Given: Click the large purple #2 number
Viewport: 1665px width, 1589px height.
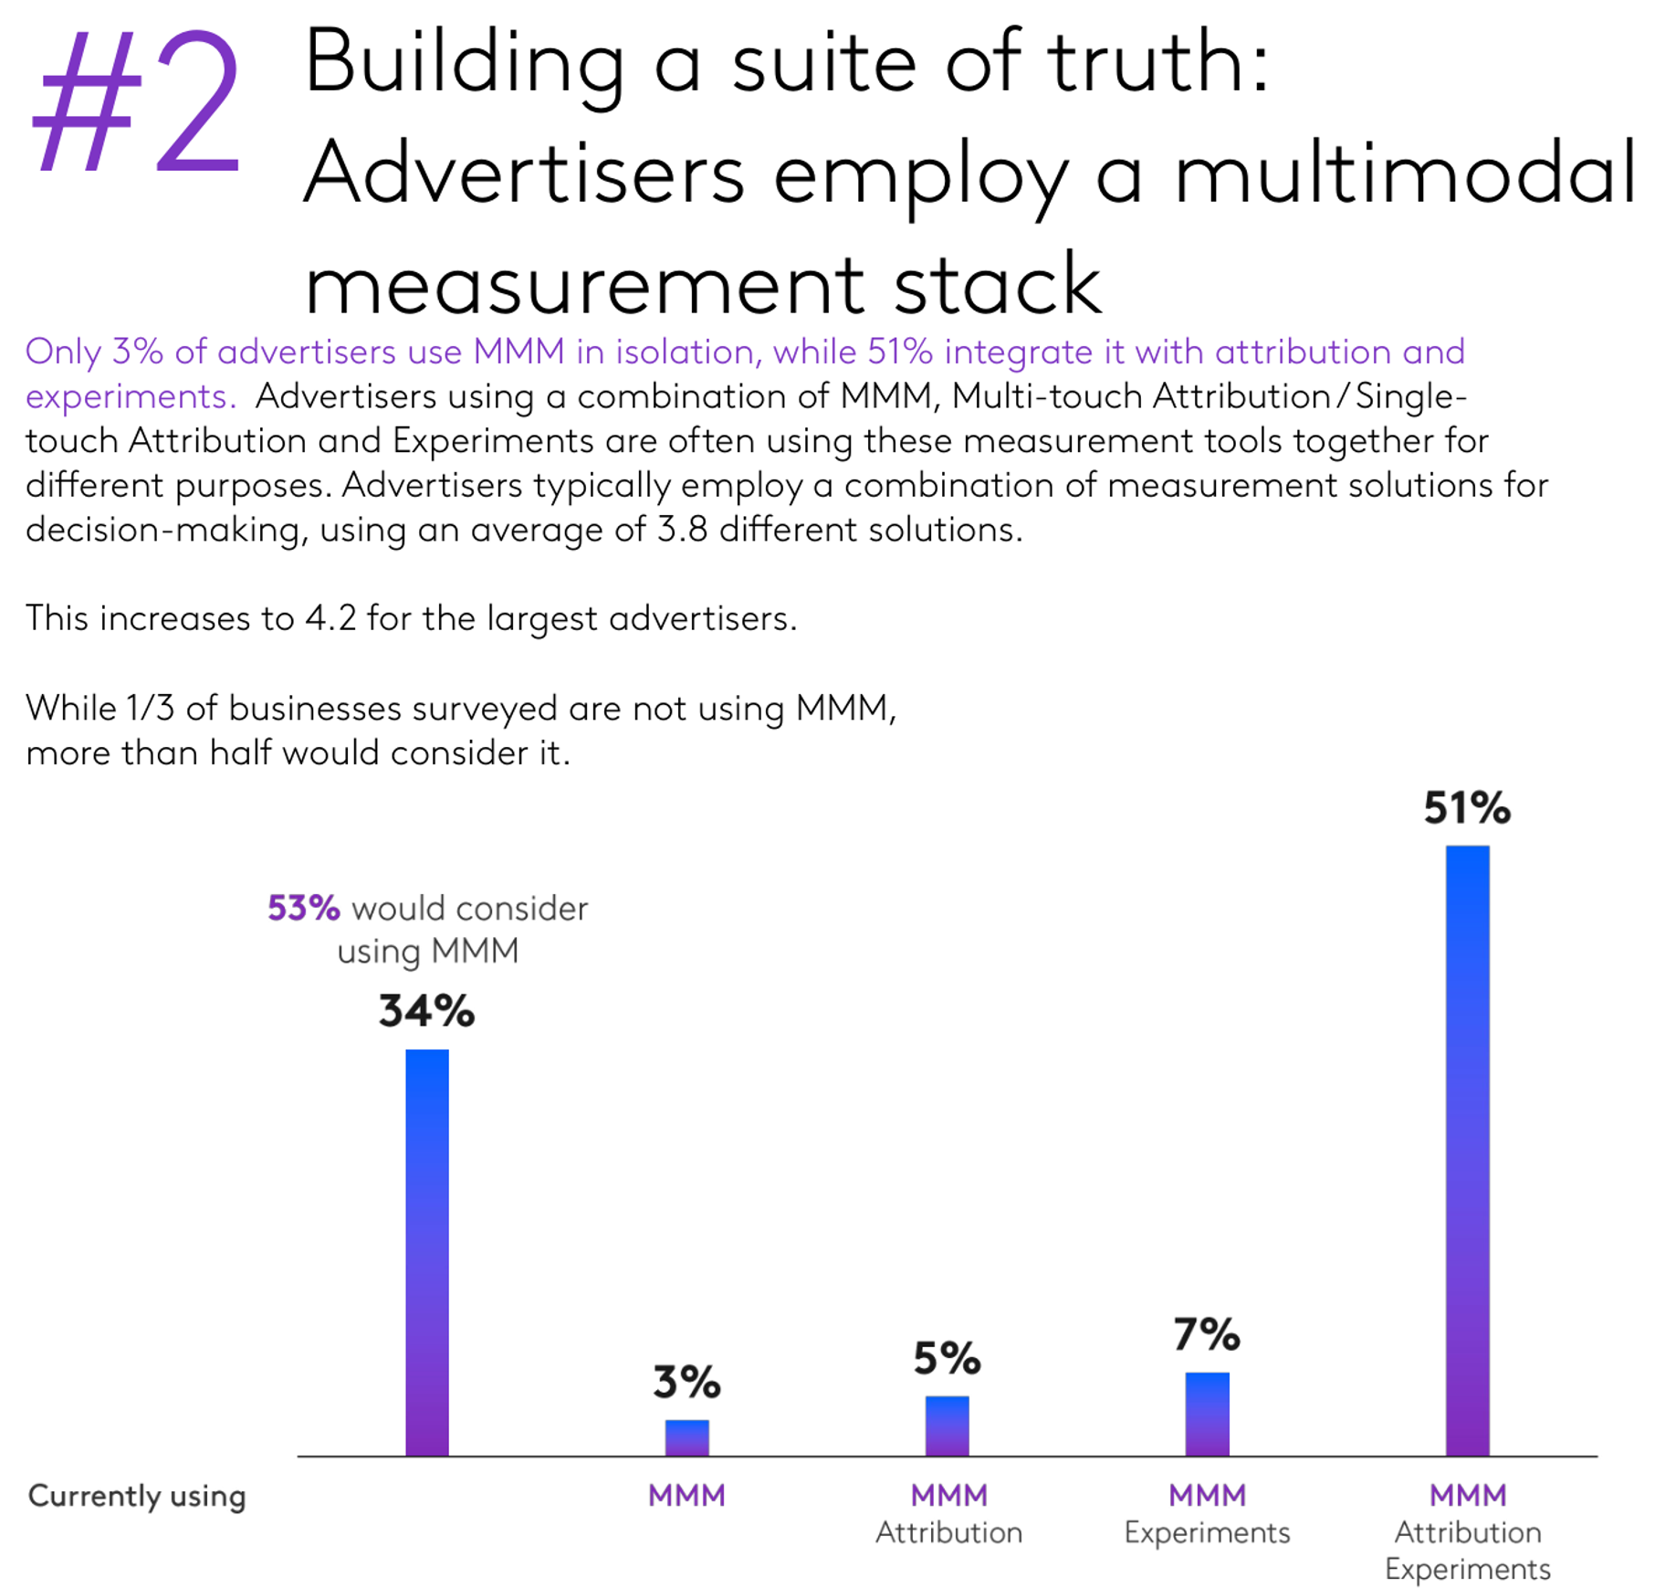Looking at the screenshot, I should [137, 102].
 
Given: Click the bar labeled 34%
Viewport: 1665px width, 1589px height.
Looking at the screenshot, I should [426, 1251].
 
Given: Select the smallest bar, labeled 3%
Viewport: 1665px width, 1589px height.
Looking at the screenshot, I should [686, 1437].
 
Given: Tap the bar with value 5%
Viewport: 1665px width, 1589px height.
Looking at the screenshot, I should [947, 1426].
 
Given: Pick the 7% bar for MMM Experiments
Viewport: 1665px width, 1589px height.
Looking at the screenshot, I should [1207, 1414].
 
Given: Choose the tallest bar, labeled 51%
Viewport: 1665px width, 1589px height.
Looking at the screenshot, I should [1467, 1151].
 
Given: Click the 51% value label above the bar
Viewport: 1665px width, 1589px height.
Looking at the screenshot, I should [1467, 808].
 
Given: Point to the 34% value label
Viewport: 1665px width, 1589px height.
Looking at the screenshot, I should [426, 1012].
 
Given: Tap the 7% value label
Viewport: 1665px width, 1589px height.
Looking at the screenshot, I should [1207, 1335].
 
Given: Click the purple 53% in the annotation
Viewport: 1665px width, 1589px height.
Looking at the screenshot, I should [303, 909].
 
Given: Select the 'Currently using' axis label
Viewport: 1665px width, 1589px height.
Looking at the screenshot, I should [137, 1496].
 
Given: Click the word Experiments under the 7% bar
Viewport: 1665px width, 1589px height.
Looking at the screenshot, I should [1207, 1532].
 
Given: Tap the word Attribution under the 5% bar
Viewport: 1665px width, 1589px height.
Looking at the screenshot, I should [948, 1532].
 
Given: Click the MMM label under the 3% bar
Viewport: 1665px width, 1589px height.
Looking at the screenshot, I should [686, 1496].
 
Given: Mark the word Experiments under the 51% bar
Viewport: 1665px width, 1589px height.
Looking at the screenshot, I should [1467, 1569].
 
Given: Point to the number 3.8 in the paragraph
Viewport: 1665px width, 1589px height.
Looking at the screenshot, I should [682, 530].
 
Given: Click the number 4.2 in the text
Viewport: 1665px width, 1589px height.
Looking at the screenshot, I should [330, 619].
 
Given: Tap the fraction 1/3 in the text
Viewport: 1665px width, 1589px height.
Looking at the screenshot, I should [151, 709].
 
